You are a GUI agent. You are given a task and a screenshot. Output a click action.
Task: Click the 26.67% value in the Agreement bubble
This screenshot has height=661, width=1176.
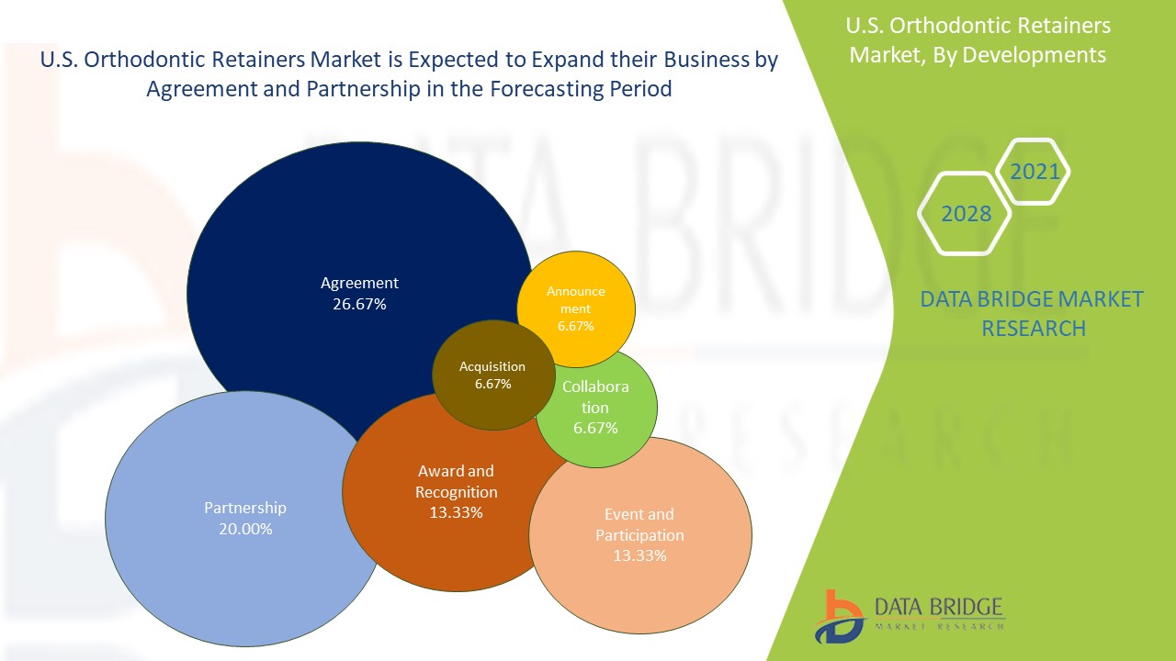click(359, 305)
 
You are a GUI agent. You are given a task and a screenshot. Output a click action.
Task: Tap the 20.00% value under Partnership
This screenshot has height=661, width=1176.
click(244, 530)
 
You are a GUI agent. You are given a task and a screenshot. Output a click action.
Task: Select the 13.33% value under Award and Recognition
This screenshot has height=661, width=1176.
click(456, 512)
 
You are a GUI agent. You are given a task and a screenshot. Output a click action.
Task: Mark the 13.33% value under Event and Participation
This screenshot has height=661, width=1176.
click(639, 555)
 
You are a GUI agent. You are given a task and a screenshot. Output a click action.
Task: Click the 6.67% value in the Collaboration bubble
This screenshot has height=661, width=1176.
click(595, 428)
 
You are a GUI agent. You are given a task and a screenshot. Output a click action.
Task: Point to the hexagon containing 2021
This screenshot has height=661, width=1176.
click(1035, 172)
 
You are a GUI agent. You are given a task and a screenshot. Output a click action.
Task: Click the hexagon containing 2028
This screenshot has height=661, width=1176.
click(966, 214)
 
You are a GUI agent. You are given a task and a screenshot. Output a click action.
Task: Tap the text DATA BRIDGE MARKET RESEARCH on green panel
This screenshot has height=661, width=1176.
click(1033, 313)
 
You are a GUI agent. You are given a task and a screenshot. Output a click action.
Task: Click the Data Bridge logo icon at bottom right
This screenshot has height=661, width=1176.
click(838, 616)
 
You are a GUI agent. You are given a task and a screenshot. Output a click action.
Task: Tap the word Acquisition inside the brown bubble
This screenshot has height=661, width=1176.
click(492, 366)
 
